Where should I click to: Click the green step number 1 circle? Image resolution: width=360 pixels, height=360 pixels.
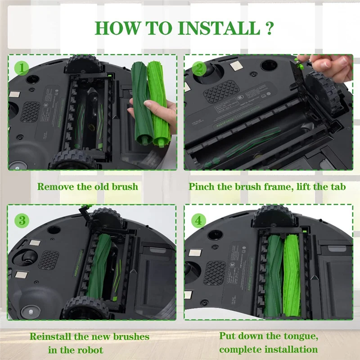[x=22, y=68]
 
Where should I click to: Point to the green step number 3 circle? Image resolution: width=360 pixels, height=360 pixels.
[x=22, y=220]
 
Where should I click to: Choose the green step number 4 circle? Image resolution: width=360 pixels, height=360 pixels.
[x=198, y=220]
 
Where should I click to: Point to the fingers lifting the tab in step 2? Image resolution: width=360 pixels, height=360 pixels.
[x=331, y=65]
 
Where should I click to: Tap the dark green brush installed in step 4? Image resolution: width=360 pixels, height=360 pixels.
[x=273, y=274]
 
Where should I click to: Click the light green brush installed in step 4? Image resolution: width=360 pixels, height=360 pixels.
[x=292, y=274]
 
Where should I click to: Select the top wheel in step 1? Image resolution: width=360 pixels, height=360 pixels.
[x=83, y=65]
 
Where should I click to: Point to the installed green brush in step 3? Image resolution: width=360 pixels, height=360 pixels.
[x=101, y=270]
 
